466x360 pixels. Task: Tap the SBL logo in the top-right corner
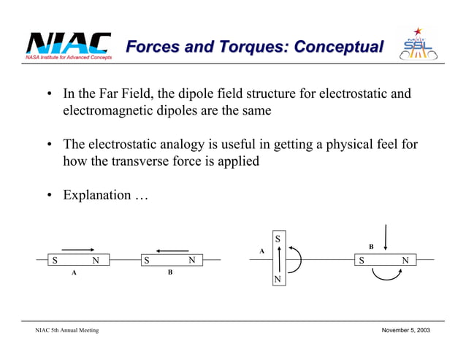pyautogui.click(x=419, y=45)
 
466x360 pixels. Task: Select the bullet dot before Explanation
pyautogui.click(x=49, y=196)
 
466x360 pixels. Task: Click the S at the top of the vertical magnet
pyautogui.click(x=278, y=239)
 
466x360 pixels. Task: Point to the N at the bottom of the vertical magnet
pyautogui.click(x=278, y=280)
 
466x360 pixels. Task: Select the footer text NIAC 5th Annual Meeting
pyautogui.click(x=67, y=331)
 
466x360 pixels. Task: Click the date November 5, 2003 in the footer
pyautogui.click(x=406, y=331)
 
